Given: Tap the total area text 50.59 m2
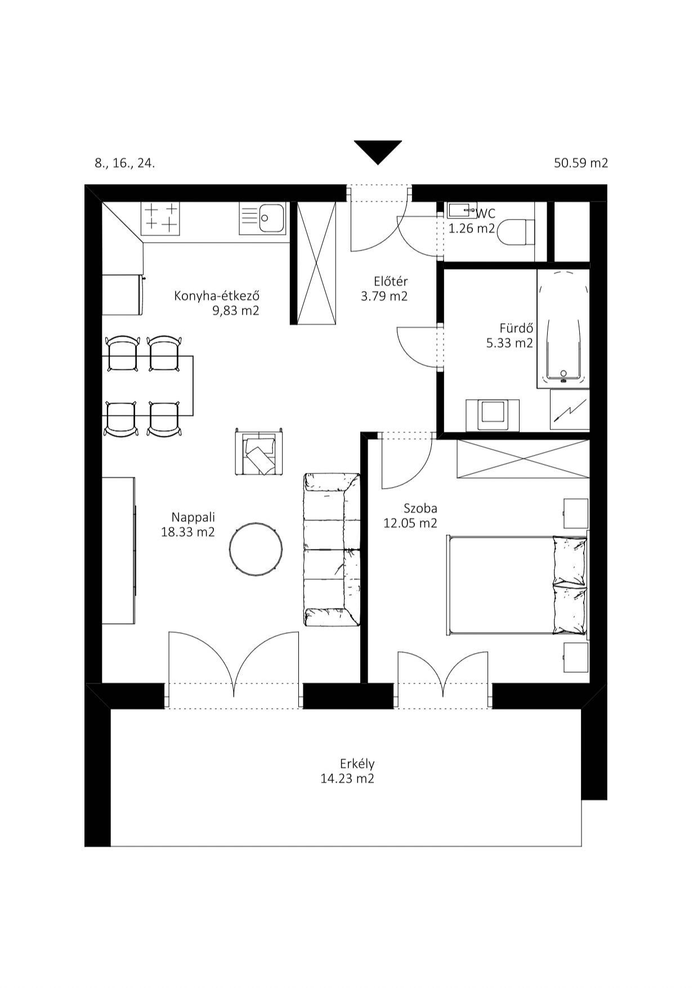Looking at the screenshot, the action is click(x=581, y=163).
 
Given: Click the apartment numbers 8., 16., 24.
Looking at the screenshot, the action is click(x=124, y=164).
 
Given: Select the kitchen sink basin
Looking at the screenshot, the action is click(x=271, y=217).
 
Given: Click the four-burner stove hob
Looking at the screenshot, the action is click(x=161, y=218).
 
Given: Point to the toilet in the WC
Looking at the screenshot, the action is click(x=516, y=232).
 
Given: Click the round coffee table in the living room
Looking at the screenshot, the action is click(x=256, y=548).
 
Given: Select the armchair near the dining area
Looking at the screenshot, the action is click(x=259, y=451).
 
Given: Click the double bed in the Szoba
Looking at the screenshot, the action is click(x=517, y=585).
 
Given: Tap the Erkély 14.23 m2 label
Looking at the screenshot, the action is click(x=348, y=771).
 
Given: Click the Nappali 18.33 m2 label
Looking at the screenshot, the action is click(x=188, y=525).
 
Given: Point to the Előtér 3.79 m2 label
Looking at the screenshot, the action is click(x=384, y=289).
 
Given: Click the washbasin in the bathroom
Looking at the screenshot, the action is click(x=493, y=415).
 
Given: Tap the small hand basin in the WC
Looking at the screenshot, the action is click(x=462, y=211).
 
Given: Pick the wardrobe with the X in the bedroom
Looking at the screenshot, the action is click(x=523, y=459).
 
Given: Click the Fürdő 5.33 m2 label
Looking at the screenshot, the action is click(x=509, y=336).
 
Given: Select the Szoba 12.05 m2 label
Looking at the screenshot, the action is click(x=410, y=516).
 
